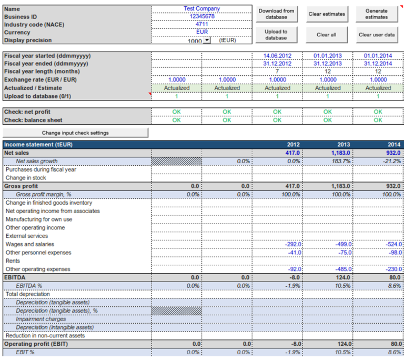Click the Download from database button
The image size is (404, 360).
click(277, 14)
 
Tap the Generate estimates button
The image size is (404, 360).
click(376, 14)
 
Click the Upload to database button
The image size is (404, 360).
click(277, 35)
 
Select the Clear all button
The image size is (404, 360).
click(326, 35)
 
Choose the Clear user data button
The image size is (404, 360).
click(376, 35)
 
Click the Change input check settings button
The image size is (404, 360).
click(75, 133)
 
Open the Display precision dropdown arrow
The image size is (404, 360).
click(207, 40)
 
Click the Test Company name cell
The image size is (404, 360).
click(201, 8)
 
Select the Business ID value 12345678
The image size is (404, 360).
click(201, 16)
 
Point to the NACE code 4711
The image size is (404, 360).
click(201, 24)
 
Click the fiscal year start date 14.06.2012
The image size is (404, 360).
click(277, 55)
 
